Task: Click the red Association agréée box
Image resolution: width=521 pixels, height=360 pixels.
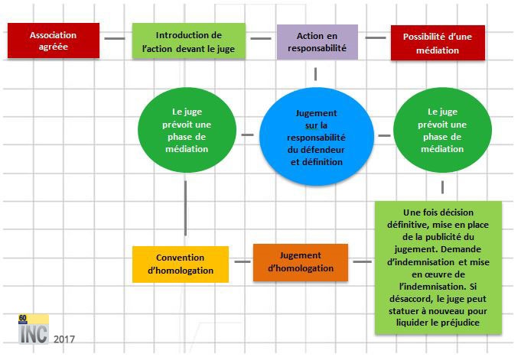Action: click(54, 41)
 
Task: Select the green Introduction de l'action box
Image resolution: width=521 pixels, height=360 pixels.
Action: click(188, 41)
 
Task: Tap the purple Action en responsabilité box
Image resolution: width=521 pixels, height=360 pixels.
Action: click(317, 41)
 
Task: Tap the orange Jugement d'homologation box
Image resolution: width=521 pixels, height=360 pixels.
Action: click(300, 262)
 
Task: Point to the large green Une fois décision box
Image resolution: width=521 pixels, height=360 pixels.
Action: click(438, 267)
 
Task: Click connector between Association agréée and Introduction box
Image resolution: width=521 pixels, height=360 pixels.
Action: click(116, 38)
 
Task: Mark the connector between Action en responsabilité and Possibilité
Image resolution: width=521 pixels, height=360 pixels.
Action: click(375, 37)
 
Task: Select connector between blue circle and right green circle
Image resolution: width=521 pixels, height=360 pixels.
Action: click(383, 136)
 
